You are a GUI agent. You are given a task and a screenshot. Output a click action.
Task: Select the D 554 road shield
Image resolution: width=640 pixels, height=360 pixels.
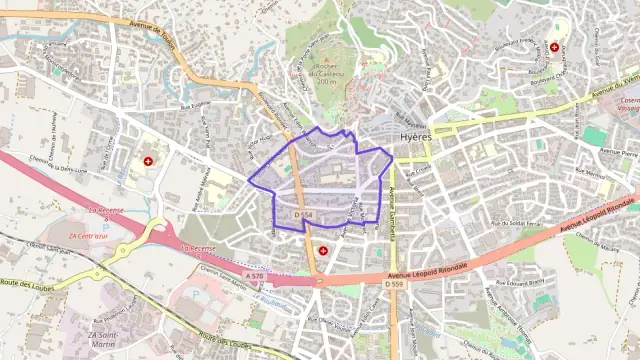click(x=304, y=215)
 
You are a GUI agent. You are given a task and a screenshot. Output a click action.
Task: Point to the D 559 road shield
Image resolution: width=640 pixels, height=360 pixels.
click(x=394, y=283)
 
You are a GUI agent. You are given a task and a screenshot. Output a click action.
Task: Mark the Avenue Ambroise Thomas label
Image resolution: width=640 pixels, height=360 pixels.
click(x=510, y=309)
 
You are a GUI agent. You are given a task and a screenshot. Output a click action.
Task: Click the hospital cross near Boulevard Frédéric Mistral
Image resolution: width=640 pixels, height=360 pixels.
click(x=554, y=47)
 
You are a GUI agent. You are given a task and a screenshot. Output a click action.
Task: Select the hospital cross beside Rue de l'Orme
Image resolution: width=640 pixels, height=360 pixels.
click(x=149, y=161)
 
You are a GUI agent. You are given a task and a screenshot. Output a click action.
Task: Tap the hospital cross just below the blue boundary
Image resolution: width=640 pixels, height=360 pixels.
click(x=322, y=250)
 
